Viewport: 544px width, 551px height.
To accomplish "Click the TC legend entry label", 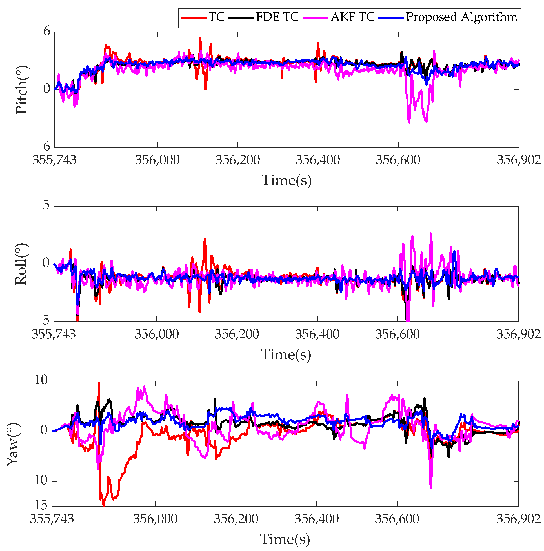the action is pyautogui.click(x=217, y=17).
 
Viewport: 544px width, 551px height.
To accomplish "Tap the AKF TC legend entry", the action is pyautogui.click(x=353, y=17).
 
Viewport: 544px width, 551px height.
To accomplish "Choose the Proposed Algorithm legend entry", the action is pyautogui.click(x=461, y=17).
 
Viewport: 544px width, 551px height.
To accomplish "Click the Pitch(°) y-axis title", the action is pyautogui.click(x=22, y=90).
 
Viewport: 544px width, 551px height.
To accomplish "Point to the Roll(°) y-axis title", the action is pyautogui.click(x=21, y=264).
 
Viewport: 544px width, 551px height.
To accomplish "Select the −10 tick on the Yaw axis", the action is pyautogui.click(x=37, y=481).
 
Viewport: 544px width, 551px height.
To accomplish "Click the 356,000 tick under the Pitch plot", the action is pyautogui.click(x=157, y=160).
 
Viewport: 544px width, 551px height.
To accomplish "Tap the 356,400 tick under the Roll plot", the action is pyautogui.click(x=317, y=334).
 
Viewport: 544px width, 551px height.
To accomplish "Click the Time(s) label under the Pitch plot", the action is pyautogui.click(x=287, y=180).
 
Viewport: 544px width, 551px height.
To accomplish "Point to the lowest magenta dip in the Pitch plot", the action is pyautogui.click(x=409, y=122).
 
